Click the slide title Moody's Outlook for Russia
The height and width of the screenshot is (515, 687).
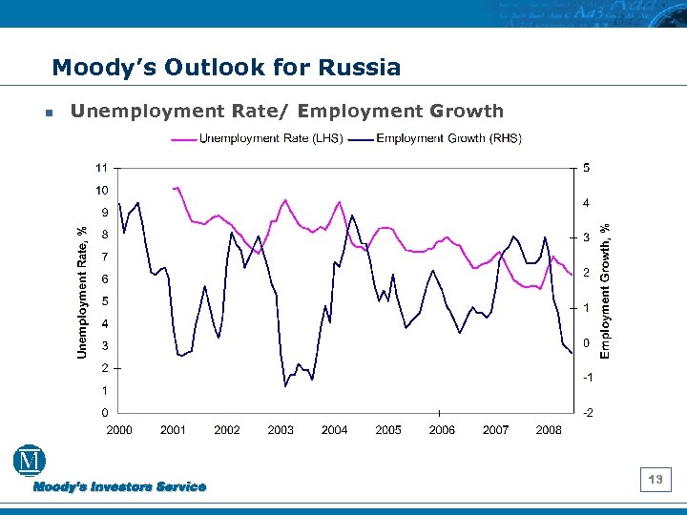click(226, 68)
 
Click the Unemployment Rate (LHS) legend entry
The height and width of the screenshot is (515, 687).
click(258, 139)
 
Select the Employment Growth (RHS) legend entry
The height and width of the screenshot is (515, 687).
click(437, 139)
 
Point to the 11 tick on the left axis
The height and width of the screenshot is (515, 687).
click(100, 168)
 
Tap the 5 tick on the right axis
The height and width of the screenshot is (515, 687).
click(586, 169)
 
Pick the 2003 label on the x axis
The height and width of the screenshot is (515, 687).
click(281, 431)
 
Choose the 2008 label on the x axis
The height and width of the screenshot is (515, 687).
click(549, 431)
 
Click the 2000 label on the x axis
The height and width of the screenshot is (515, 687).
click(119, 431)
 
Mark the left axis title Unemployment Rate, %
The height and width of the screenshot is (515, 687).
click(83, 292)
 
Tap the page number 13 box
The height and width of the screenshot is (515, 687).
click(656, 480)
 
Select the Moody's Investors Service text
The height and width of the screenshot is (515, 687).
click(119, 487)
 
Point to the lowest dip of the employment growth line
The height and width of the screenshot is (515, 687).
click(285, 386)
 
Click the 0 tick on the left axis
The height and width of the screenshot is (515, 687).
click(104, 413)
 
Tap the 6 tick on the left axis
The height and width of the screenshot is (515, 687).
click(104, 279)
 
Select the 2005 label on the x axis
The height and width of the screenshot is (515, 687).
click(387, 431)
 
